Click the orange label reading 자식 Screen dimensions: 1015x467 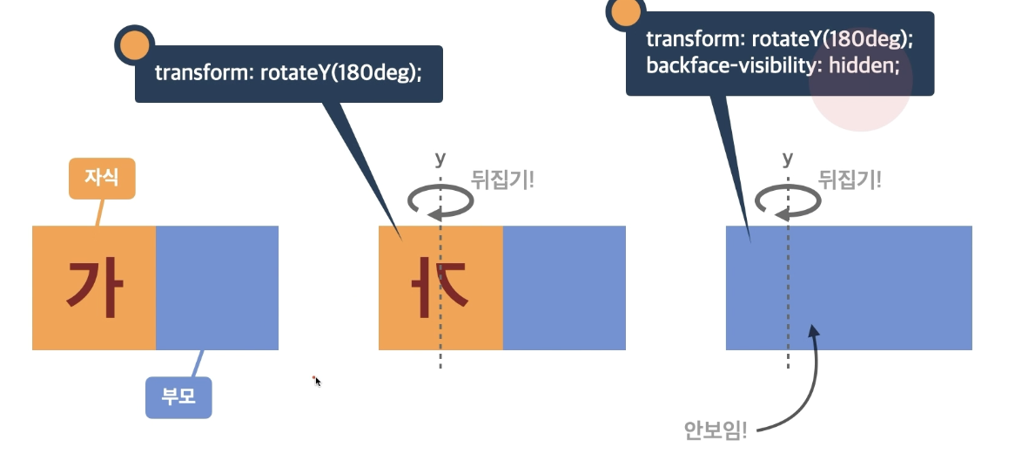[102, 179]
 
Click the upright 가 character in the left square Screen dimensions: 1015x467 [93, 288]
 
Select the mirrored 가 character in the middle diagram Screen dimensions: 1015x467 [441, 288]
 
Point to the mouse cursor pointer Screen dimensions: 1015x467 [317, 381]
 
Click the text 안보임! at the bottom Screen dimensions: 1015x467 [716, 430]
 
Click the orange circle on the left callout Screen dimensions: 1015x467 [134, 45]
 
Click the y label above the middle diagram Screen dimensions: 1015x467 [440, 158]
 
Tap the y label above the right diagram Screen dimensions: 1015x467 [788, 158]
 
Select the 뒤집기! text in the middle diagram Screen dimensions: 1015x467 [502, 179]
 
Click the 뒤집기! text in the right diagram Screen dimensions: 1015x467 [850, 179]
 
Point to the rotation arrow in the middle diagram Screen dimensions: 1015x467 [440, 201]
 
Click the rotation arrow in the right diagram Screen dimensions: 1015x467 [788, 201]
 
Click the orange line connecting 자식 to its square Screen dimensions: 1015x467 [99, 213]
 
